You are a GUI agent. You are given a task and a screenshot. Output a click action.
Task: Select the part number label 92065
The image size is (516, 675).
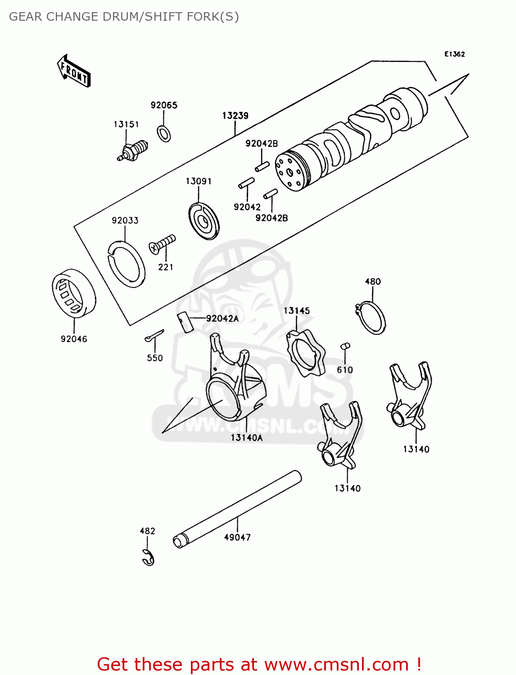[x=164, y=105]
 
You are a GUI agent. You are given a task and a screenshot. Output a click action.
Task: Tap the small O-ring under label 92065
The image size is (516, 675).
[x=164, y=134]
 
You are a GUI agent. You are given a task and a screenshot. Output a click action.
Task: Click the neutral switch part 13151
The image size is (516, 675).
[x=132, y=150]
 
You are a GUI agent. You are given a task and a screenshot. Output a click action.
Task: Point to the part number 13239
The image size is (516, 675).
[x=235, y=116]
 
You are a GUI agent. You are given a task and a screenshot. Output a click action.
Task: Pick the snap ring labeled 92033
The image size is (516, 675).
[x=127, y=264]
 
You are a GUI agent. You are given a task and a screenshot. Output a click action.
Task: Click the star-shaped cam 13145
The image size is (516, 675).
[x=306, y=353]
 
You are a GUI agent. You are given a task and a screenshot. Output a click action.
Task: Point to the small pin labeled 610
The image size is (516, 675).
[x=345, y=346]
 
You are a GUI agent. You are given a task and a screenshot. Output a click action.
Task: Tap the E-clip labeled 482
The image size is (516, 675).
[x=148, y=558]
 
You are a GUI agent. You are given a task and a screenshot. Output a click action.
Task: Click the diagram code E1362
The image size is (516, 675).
[x=454, y=54]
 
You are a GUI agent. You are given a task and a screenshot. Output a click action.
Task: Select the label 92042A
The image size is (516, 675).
[x=222, y=319]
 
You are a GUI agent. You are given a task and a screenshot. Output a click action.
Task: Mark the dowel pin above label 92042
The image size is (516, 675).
[x=246, y=183]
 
